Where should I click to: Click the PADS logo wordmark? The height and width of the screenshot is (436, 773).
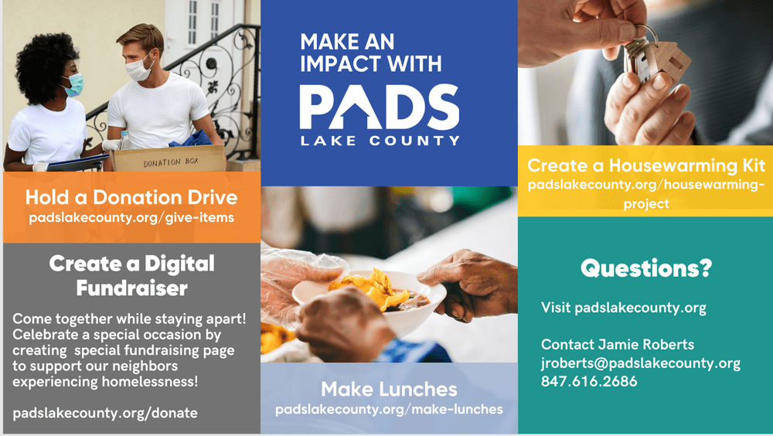pyautogui.click(x=379, y=106)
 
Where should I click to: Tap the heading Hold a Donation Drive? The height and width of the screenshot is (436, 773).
pyautogui.click(x=131, y=197)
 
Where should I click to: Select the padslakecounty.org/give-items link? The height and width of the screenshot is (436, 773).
pyautogui.click(x=131, y=217)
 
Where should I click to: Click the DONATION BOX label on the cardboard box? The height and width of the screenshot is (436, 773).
pyautogui.click(x=169, y=163)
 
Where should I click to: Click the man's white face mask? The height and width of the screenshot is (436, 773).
pyautogui.click(x=140, y=69)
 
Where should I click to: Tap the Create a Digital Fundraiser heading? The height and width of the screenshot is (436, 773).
pyautogui.click(x=131, y=276)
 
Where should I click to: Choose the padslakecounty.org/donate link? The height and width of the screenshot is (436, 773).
pyautogui.click(x=105, y=413)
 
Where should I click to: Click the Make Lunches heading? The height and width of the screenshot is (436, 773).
pyautogui.click(x=389, y=388)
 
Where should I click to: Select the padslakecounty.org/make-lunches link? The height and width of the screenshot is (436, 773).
pyautogui.click(x=389, y=408)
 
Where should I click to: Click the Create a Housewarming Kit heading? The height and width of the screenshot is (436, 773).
pyautogui.click(x=646, y=165)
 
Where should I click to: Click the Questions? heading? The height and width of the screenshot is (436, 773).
pyautogui.click(x=645, y=269)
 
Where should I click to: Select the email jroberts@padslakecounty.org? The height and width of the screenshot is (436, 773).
pyautogui.click(x=640, y=363)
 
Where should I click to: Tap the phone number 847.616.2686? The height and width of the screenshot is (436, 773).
pyautogui.click(x=589, y=381)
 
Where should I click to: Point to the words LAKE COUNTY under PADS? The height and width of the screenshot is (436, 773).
pyautogui.click(x=379, y=141)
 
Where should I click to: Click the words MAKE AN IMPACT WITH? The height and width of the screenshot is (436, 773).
pyautogui.click(x=370, y=52)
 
